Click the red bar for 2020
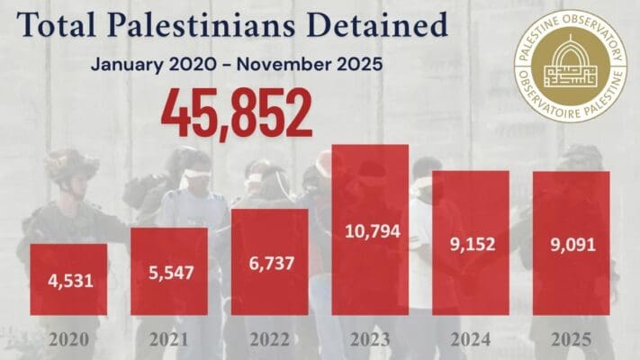pyautogui.click(x=68, y=279)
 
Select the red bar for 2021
pyautogui.click(x=169, y=271)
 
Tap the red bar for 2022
pyautogui.click(x=270, y=262)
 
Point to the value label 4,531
pyautogui.click(x=68, y=282)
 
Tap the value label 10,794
pyautogui.click(x=370, y=231)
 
